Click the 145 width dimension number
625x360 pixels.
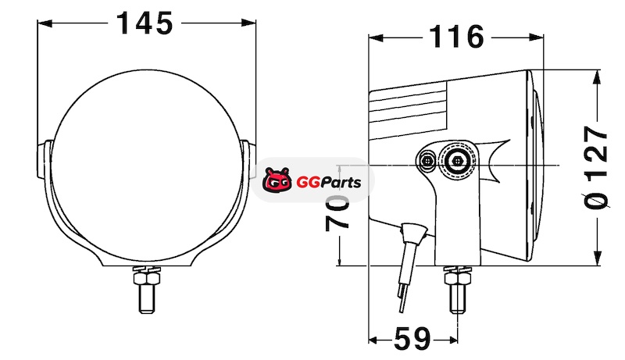[145, 23]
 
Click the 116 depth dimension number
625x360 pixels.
[457, 37]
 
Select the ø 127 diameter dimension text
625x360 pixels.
[597, 167]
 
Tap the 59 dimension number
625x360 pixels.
[412, 339]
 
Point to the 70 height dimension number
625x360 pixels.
[337, 213]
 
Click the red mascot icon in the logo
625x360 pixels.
[277, 180]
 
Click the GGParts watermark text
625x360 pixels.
[328, 183]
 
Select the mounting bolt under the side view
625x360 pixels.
[458, 290]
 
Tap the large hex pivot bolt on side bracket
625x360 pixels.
[457, 161]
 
